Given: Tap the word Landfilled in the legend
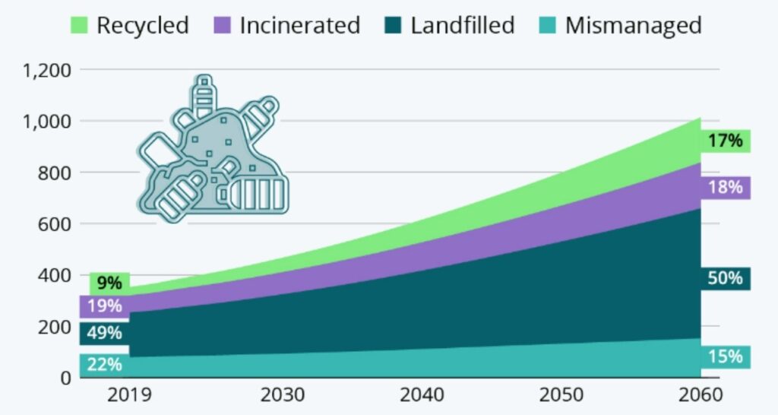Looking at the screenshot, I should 462,24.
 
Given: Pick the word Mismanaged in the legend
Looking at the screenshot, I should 633,24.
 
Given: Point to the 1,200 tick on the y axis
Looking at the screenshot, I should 47,70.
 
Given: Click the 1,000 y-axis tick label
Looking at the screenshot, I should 47,122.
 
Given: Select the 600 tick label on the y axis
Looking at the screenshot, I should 53,224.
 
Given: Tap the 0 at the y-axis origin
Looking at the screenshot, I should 65,378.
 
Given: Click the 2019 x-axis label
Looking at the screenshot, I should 129,396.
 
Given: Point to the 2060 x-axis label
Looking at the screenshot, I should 700,396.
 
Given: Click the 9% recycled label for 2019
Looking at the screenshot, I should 109,284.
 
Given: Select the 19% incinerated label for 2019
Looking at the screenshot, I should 104,306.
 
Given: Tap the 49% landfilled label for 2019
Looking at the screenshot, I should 104,333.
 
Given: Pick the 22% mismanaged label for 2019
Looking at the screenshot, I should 104,364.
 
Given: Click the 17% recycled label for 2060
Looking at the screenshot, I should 725,141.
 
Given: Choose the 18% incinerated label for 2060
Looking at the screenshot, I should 725,187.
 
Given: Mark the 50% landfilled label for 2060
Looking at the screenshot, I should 725,278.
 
